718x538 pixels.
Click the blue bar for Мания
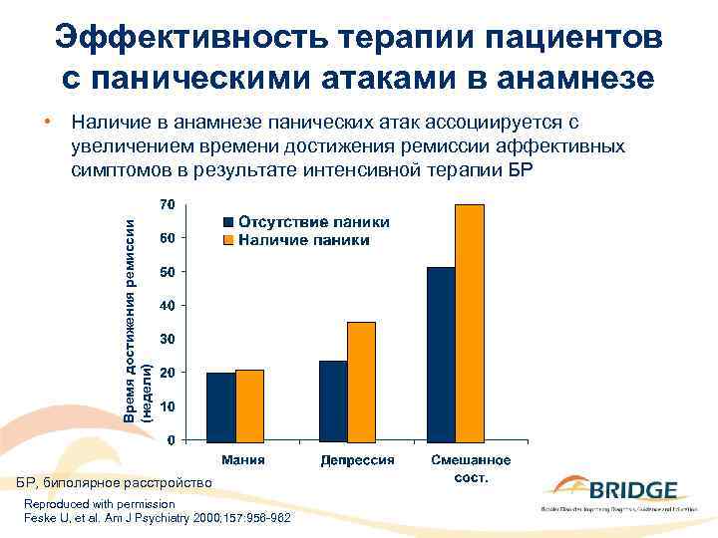point(220,405)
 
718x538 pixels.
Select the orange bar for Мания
point(249,404)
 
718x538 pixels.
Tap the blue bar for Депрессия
point(333,400)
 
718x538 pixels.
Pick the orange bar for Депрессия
point(361,381)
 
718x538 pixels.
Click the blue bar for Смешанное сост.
point(441,354)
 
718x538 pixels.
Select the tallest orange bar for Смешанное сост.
point(469,322)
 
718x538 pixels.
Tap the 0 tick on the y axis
point(171,440)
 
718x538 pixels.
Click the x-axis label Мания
point(242,460)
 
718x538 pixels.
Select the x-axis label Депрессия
point(357,460)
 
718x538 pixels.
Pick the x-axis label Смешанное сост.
point(471,468)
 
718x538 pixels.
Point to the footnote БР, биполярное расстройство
point(120,482)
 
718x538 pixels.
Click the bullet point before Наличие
point(47,122)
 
